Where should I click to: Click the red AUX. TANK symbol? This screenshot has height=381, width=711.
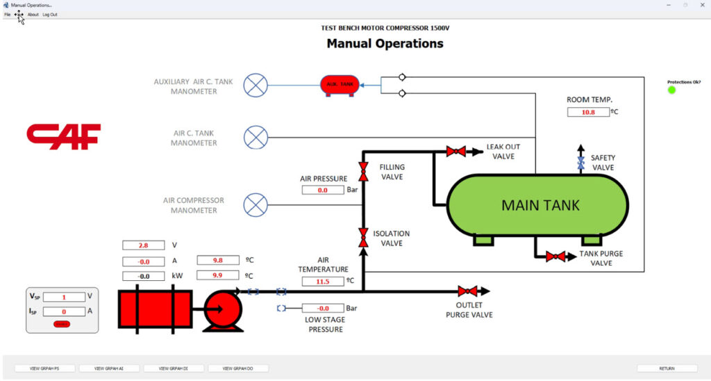click(x=340, y=85)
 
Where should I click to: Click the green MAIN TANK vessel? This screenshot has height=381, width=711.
click(x=539, y=205)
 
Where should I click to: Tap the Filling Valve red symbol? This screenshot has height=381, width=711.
click(x=362, y=171)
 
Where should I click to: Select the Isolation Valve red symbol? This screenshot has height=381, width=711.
click(x=362, y=237)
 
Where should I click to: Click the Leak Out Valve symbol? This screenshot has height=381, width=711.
click(x=456, y=151)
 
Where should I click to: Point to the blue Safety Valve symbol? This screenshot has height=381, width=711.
click(x=580, y=163)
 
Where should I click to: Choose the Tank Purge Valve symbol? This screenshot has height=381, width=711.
click(x=555, y=257)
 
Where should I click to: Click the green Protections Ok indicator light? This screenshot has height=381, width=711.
click(x=671, y=90)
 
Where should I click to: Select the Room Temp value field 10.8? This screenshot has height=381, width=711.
click(x=588, y=111)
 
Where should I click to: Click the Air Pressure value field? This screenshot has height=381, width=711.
click(x=323, y=190)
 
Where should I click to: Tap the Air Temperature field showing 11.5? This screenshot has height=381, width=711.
click(x=323, y=282)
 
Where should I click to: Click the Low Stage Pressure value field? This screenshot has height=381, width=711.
click(x=323, y=308)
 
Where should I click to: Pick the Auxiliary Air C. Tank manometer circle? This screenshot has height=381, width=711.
click(x=257, y=86)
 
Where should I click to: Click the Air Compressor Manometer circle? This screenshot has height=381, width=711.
click(x=257, y=205)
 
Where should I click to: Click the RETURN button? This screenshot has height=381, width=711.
click(x=667, y=368)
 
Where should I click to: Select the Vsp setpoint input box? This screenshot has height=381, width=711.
click(x=64, y=297)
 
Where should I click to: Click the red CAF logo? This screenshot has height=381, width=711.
click(x=64, y=136)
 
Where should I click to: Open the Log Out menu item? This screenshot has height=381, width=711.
click(x=50, y=15)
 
